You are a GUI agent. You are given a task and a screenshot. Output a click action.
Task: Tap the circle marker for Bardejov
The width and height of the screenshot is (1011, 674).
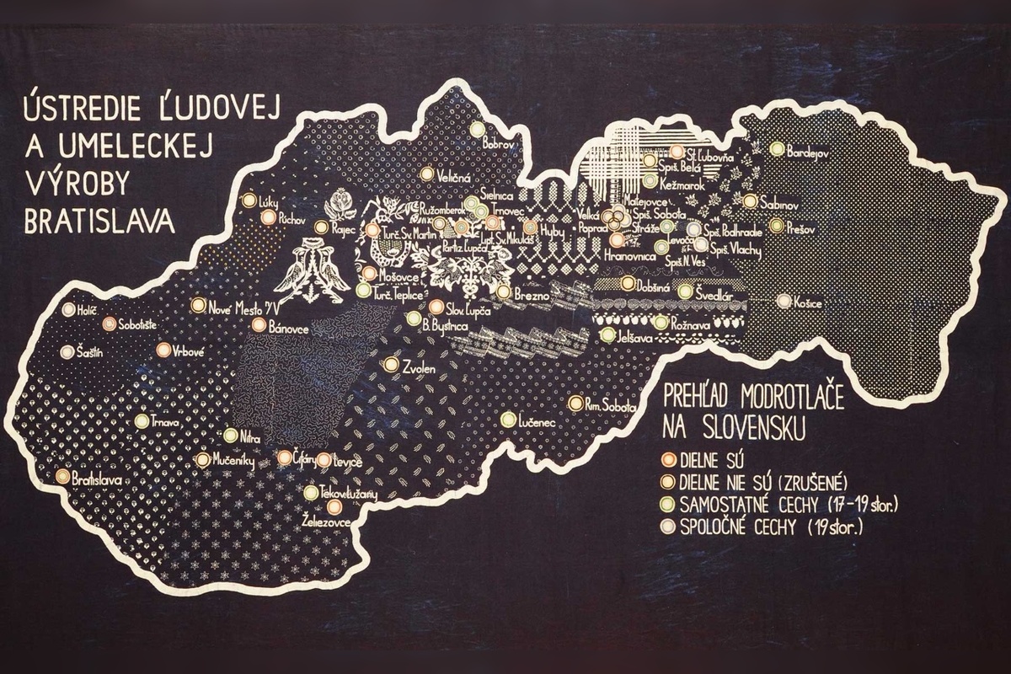(x=777, y=149)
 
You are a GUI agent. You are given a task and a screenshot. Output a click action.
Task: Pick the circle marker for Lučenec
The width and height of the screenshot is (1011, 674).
(x=508, y=419)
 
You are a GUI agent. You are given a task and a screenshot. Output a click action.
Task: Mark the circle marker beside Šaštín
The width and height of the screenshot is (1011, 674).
(x=67, y=352)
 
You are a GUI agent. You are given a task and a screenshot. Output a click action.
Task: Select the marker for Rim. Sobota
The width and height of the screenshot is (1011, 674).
(x=575, y=404)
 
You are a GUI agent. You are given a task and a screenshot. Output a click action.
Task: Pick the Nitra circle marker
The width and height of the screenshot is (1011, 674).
(x=231, y=436)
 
